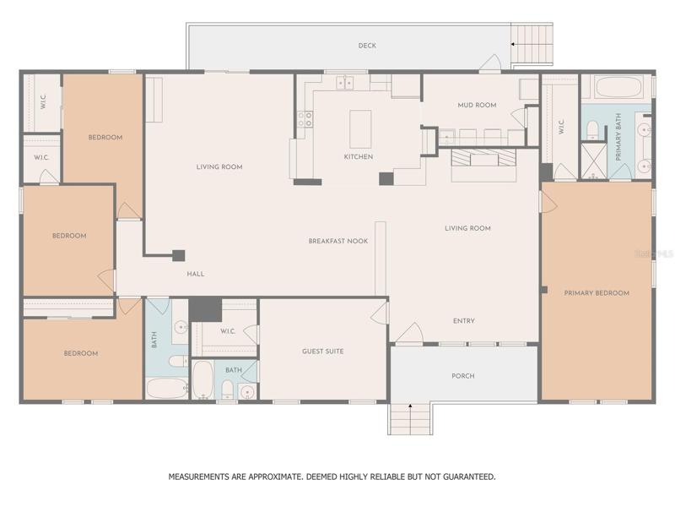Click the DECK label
(367, 46)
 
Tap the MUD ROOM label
(477, 105)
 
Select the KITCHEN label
(359, 156)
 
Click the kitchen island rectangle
(360, 129)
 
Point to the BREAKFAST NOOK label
(338, 241)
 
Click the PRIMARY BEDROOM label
(597, 293)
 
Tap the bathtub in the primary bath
(618, 87)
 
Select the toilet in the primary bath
(593, 130)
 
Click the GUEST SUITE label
(323, 352)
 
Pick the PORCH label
(463, 376)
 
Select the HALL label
(196, 274)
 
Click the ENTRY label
(463, 321)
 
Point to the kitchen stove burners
(305, 119)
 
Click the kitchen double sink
(345, 82)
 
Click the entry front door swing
(410, 333)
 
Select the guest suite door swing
(379, 313)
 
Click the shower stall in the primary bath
(594, 161)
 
